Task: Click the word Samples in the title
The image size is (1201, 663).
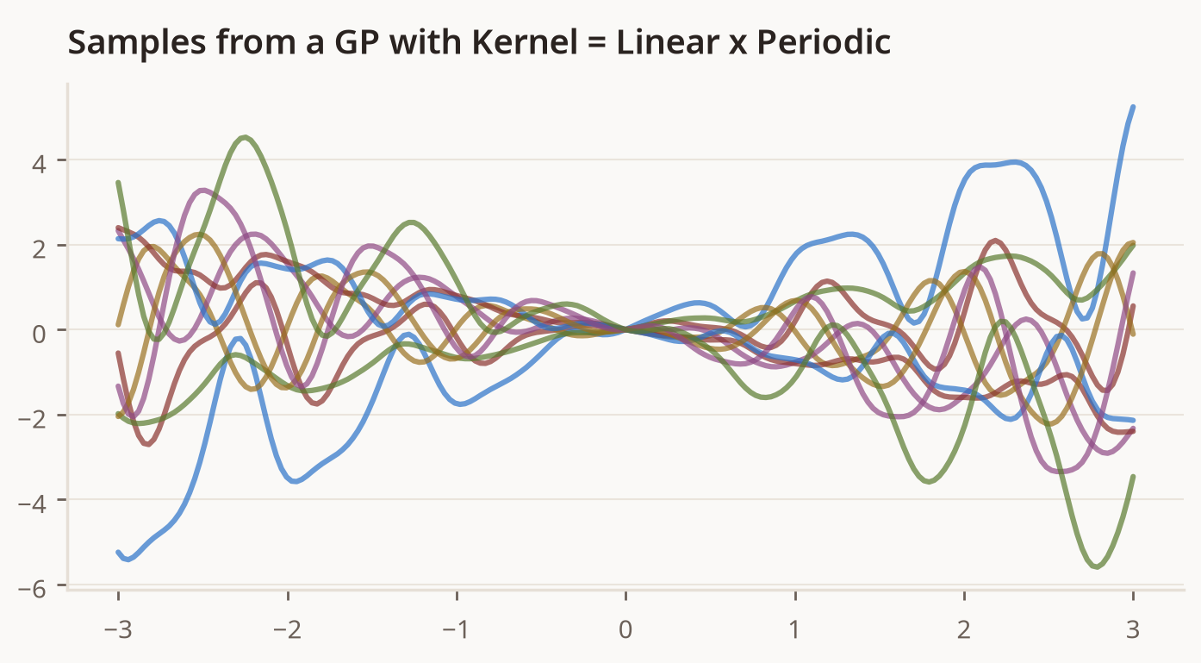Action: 137,43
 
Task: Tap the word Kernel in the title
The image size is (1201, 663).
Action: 525,42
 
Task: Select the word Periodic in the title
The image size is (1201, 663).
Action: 824,42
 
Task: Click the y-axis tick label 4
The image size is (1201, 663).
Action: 39,164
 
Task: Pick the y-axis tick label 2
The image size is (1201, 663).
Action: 39,249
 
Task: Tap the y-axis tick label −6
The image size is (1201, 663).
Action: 32,589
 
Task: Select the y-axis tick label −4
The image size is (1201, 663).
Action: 32,504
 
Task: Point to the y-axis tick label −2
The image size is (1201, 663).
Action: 32,419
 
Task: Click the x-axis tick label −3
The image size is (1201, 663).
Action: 118,629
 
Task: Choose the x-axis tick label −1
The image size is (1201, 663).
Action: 457,629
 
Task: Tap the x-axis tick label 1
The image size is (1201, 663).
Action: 795,629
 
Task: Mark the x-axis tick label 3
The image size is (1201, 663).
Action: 1133,629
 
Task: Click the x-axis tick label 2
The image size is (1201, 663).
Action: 964,629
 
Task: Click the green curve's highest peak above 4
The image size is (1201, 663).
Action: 245,137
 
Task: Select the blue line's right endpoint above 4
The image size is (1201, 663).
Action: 1133,107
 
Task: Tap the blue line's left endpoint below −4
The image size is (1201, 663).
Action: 119,552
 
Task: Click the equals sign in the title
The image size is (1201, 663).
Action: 597,43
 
